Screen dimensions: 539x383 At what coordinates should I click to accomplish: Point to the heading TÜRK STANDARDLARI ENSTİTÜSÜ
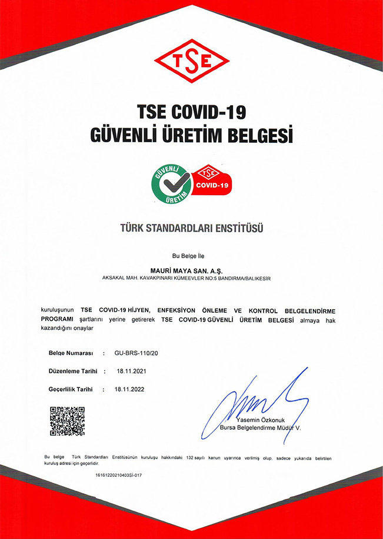click(x=191, y=227)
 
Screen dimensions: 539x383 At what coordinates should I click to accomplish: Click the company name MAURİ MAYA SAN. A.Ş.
click(x=191, y=270)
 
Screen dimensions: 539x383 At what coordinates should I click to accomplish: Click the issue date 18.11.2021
click(x=130, y=371)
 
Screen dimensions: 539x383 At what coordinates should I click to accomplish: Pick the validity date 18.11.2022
click(x=130, y=389)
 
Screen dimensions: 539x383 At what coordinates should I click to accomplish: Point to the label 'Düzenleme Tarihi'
click(x=72, y=371)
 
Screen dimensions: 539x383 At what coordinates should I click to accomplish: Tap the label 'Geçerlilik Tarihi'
click(x=71, y=389)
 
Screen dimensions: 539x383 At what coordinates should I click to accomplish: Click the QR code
click(x=66, y=421)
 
